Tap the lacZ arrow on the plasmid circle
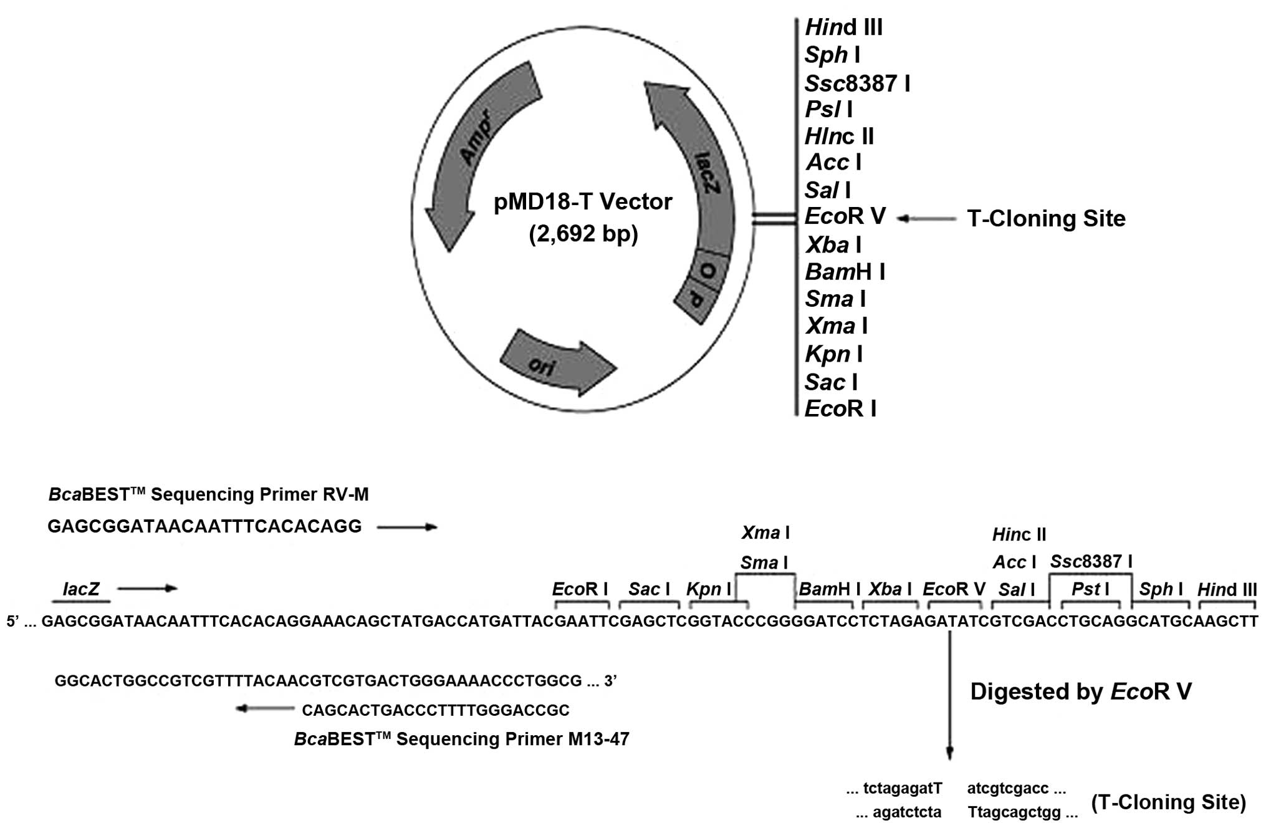click(698, 162)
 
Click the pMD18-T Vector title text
click(583, 202)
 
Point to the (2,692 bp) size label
click(583, 234)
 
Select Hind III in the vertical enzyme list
click(843, 27)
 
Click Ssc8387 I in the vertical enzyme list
click(857, 83)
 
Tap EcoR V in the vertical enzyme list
click(845, 216)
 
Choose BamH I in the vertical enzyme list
click(845, 272)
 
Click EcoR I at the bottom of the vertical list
click(840, 409)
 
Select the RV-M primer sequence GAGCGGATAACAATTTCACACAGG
click(204, 527)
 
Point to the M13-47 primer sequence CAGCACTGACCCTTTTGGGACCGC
click(436, 710)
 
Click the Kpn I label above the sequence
click(709, 589)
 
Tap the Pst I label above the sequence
click(1090, 589)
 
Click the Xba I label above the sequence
click(890, 589)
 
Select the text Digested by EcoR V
click(1081, 691)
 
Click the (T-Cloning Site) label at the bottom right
click(1168, 802)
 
